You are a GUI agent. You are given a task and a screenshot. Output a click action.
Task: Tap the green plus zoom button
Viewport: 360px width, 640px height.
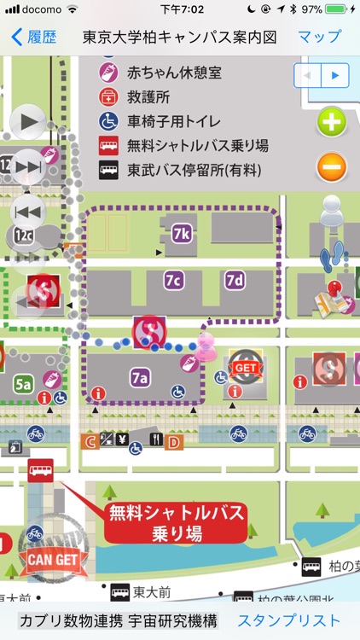332,123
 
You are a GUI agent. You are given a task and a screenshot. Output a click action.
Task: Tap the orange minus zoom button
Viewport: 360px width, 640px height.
332,167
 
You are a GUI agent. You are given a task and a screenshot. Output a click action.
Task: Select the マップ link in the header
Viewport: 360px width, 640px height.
319,37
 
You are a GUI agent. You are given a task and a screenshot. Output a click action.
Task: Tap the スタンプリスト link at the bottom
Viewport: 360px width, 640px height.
289,620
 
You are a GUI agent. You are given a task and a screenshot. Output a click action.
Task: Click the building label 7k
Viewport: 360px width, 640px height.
180,232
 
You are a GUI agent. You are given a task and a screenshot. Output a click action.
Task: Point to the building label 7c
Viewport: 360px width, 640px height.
174,280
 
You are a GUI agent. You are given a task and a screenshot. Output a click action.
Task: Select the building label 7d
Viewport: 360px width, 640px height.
235,280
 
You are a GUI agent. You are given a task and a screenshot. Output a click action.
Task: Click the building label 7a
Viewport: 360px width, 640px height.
140,375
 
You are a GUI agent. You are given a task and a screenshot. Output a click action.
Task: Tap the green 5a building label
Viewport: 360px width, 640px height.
23,385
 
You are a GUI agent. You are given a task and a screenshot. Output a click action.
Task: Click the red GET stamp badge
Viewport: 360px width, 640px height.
245,365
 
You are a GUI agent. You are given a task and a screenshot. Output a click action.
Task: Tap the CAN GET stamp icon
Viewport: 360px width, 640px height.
52,559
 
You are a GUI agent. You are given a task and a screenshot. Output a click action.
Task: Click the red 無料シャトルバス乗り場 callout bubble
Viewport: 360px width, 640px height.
176,522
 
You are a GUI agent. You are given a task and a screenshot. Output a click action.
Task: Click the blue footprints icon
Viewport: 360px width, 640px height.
331,255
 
